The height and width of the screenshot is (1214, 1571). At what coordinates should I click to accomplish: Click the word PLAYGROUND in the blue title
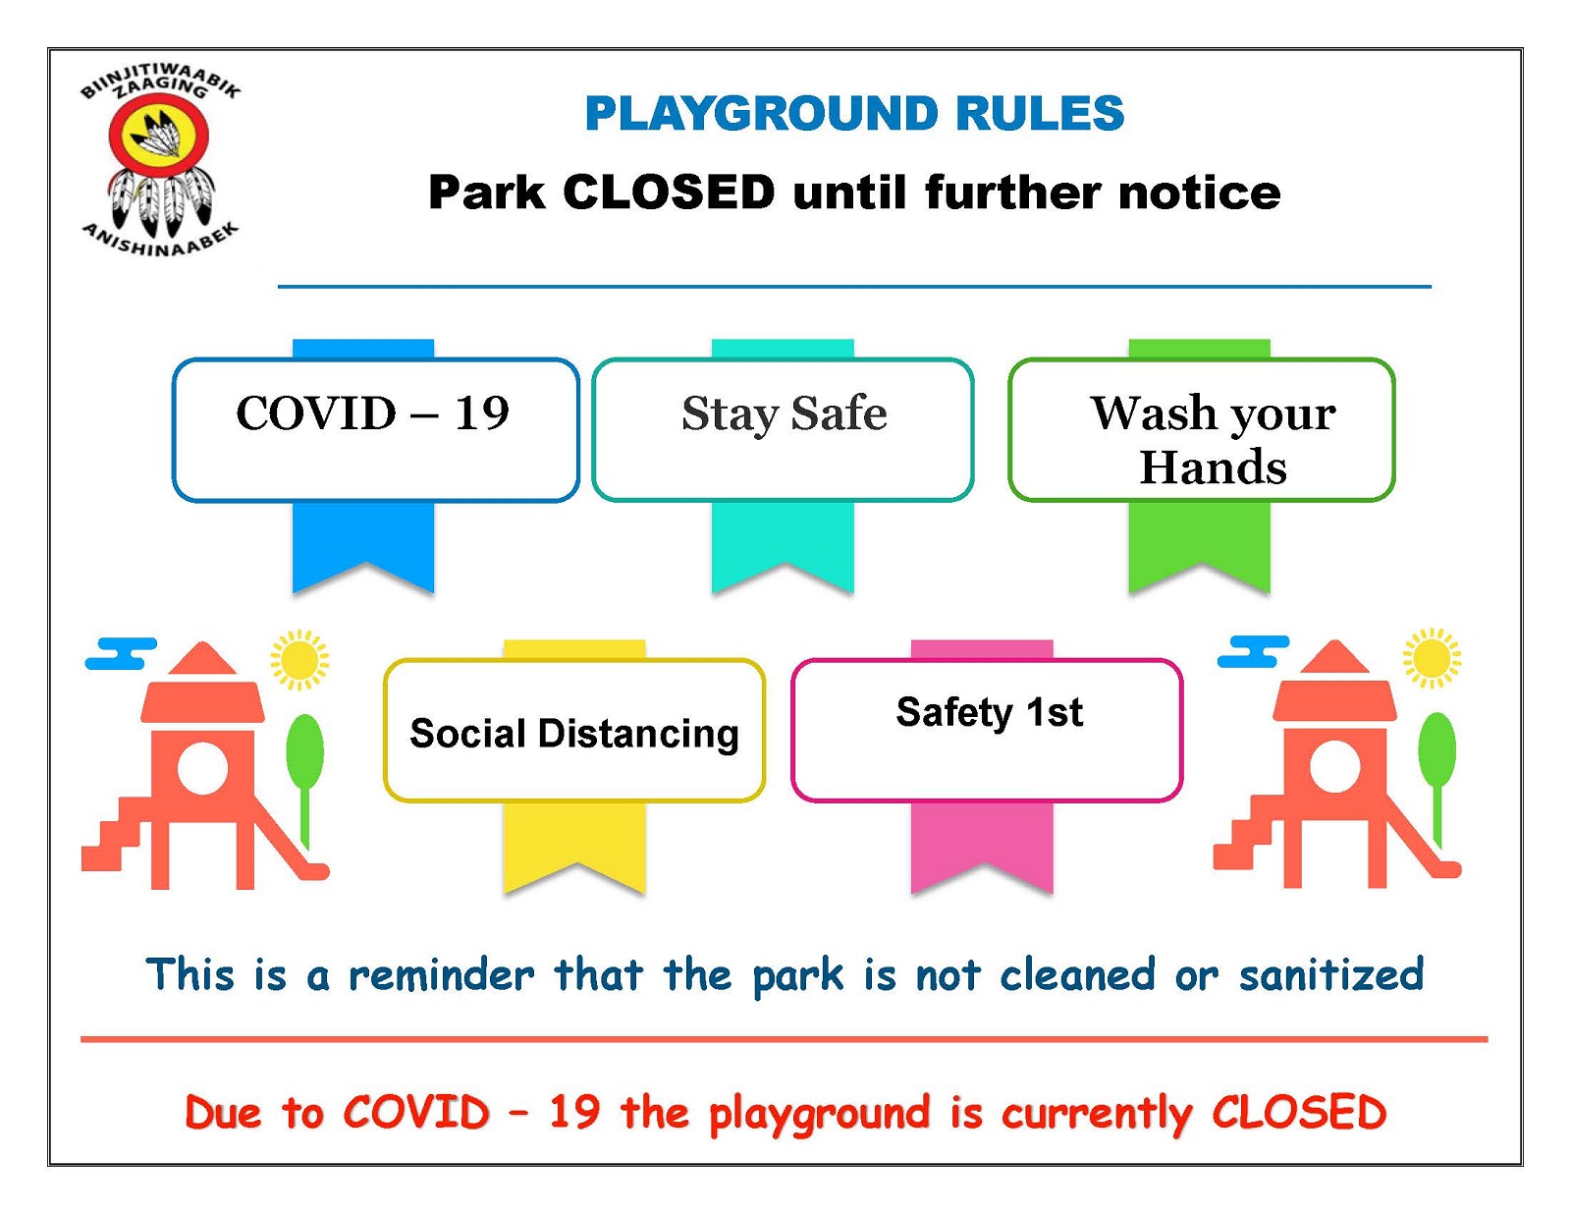[762, 114]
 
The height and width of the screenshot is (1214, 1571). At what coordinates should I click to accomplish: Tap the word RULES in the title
[1040, 114]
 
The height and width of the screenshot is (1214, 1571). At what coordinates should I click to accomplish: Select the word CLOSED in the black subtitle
[670, 193]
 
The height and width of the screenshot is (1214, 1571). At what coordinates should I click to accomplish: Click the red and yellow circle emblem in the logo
[159, 136]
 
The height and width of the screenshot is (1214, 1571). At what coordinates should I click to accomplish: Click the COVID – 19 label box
[375, 429]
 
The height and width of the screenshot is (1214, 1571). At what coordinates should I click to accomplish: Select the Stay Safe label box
[783, 429]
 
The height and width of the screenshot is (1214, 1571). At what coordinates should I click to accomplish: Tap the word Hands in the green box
[1214, 468]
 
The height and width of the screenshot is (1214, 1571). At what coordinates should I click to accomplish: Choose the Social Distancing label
[574, 733]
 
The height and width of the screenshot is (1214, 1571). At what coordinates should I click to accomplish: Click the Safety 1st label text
[989, 712]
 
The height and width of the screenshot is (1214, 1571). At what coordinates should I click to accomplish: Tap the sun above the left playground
[299, 659]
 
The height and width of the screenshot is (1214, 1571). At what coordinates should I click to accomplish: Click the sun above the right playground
[1432, 658]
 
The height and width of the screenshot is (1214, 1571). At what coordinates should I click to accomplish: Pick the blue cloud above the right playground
[1253, 651]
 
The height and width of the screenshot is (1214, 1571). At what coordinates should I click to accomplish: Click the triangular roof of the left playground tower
[203, 658]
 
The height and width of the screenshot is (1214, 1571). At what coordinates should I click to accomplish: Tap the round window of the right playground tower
[1334, 766]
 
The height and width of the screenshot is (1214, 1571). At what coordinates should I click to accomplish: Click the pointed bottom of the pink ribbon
[982, 864]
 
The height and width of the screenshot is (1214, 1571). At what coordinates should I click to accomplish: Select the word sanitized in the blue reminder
[1331, 974]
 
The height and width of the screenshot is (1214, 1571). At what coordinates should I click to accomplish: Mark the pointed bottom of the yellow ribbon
[574, 864]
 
